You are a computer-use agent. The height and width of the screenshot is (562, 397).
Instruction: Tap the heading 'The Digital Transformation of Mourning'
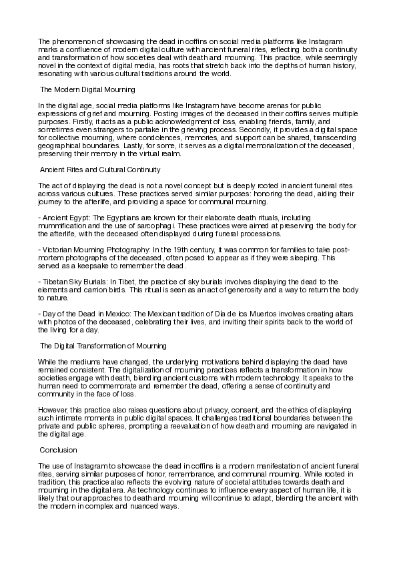[103, 345]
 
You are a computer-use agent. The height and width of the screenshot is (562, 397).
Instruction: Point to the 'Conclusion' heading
[59, 450]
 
